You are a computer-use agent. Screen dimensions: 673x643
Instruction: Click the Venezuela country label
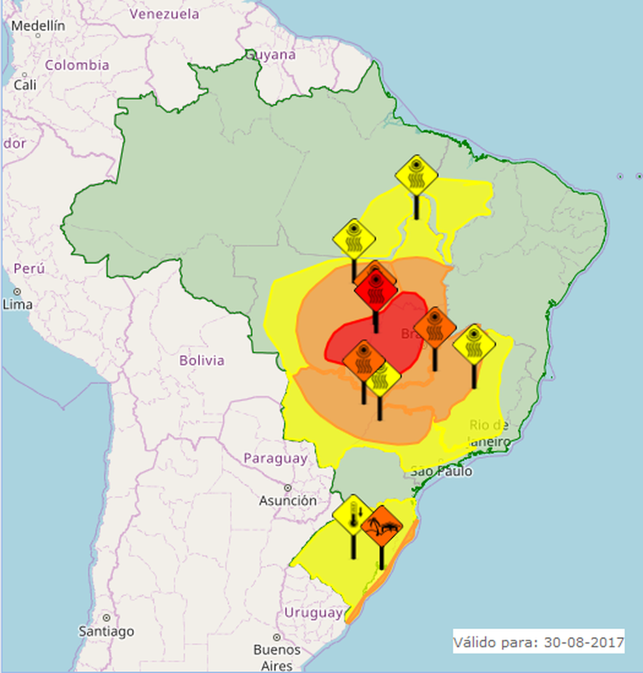coord(164,14)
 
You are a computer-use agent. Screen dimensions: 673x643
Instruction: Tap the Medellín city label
coord(39,26)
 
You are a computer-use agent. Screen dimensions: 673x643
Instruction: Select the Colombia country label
coord(76,65)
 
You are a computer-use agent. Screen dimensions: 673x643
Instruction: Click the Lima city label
coord(17,304)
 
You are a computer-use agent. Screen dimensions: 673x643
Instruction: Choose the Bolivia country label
coord(202,360)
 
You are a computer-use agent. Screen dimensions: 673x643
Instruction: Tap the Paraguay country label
coord(274,458)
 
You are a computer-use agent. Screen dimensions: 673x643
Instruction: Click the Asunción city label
coord(288,500)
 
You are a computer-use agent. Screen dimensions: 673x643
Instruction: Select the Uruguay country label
coord(313,613)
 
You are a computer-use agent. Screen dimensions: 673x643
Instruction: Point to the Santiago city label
coord(106,631)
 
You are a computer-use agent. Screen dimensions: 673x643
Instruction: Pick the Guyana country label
coord(271,55)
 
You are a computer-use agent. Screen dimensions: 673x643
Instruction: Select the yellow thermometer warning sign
coord(353,515)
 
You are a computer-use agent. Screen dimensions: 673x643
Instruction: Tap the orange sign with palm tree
coord(381,525)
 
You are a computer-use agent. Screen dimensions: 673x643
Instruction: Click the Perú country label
coord(29,268)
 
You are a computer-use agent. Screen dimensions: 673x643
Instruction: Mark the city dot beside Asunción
coord(288,487)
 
